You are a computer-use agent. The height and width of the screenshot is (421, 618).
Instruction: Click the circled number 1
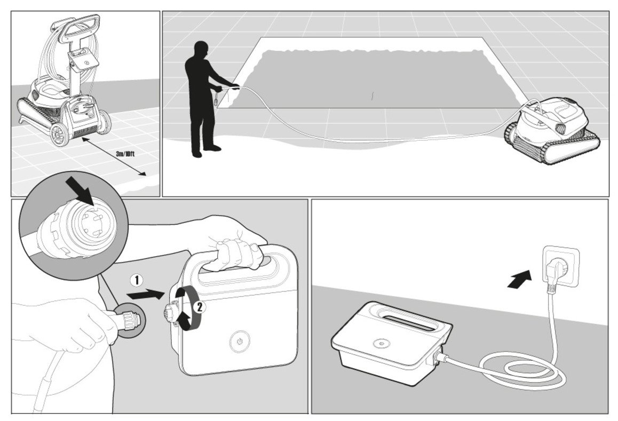pyautogui.click(x=138, y=279)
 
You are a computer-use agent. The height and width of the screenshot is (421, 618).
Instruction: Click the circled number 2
pyautogui.click(x=199, y=306)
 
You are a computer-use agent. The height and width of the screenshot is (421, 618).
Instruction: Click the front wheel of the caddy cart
pyautogui.click(x=61, y=134)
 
